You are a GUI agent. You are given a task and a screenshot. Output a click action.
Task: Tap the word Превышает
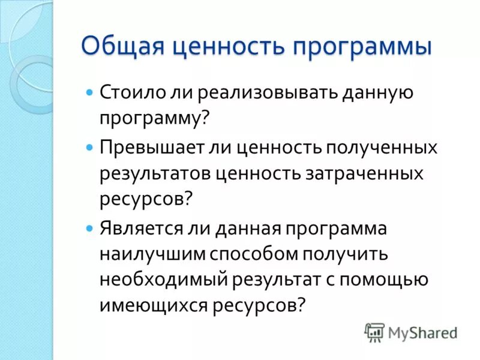147,148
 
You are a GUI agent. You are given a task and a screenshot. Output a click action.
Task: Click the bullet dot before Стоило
90,94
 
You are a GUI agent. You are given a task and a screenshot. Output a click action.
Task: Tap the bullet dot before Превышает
90,148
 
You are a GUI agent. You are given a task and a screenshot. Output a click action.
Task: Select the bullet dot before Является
90,229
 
